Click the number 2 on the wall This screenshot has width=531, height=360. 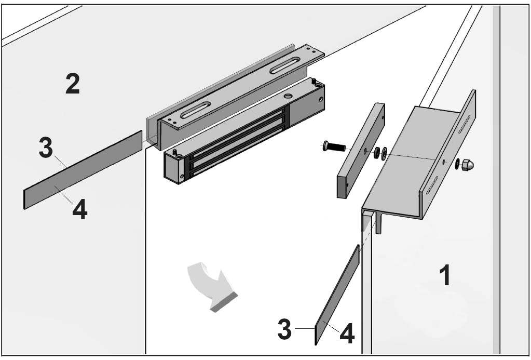coord(73,84)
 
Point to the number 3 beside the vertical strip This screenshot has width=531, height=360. coord(284,330)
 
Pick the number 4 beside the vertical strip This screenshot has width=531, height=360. coord(347,334)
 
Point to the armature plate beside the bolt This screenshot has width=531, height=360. coord(360,151)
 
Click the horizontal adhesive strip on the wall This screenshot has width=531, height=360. coord(83,170)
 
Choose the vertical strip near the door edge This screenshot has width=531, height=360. coord(337,294)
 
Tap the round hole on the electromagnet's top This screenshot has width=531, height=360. coord(288,96)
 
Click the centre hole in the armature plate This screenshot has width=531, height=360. coord(366,151)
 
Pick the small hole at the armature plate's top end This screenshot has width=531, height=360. coord(383,117)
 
